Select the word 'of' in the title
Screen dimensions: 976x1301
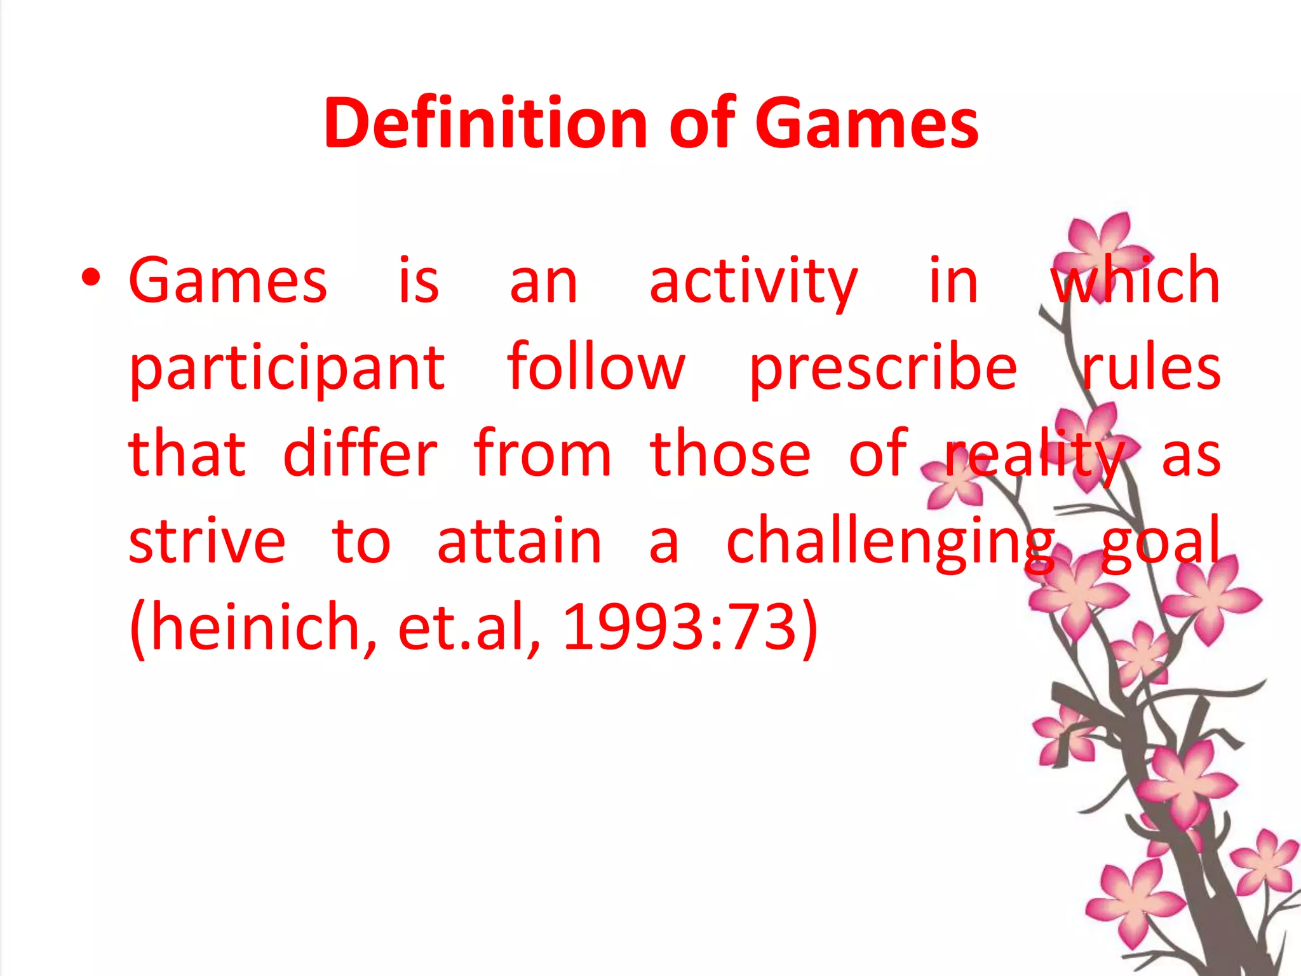(x=703, y=123)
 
